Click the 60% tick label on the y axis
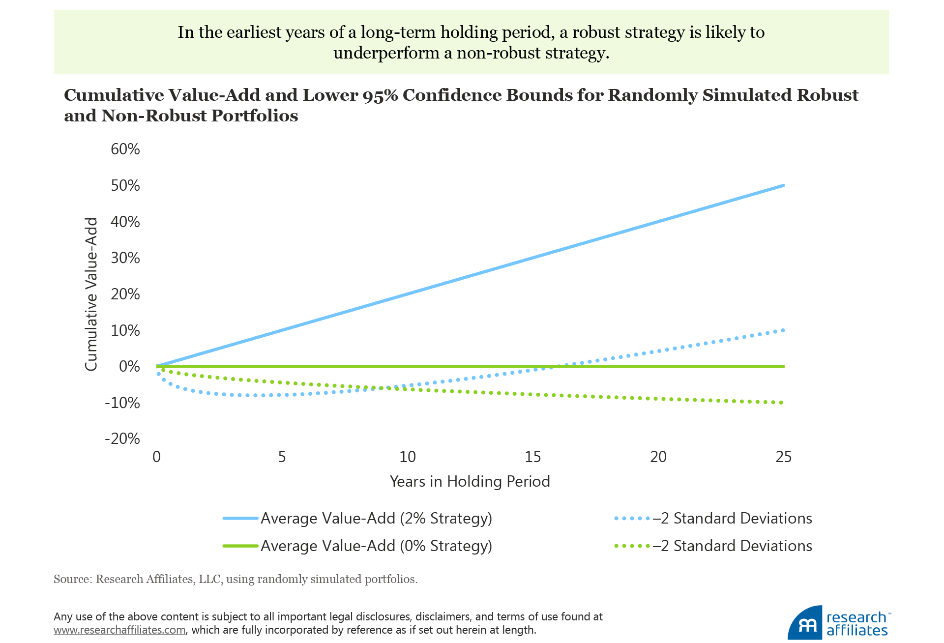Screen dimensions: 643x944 coord(125,149)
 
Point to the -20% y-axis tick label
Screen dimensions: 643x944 coord(122,438)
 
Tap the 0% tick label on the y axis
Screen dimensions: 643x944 coord(129,366)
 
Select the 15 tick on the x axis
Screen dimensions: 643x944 coord(532,457)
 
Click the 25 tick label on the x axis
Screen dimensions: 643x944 coord(783,457)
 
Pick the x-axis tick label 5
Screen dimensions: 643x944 coord(282,457)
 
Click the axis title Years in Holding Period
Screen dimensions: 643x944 coord(470,481)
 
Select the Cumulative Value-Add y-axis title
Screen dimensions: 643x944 coord(91,294)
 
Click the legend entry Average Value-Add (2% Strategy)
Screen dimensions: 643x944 coord(376,519)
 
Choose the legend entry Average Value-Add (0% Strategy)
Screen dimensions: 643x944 coord(376,546)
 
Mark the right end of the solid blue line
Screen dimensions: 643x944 coord(783,185)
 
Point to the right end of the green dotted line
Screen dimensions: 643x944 coord(782,403)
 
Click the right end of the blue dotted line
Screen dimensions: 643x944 coord(783,330)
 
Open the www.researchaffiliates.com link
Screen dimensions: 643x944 coord(119,630)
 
